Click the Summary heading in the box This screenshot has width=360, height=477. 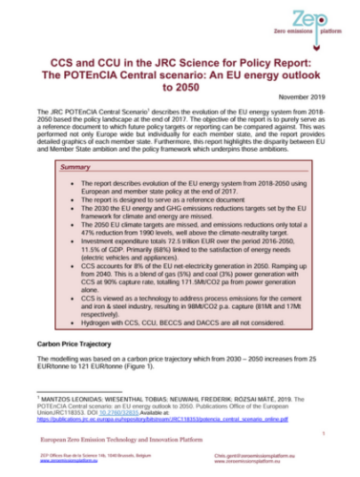pos(75,167)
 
